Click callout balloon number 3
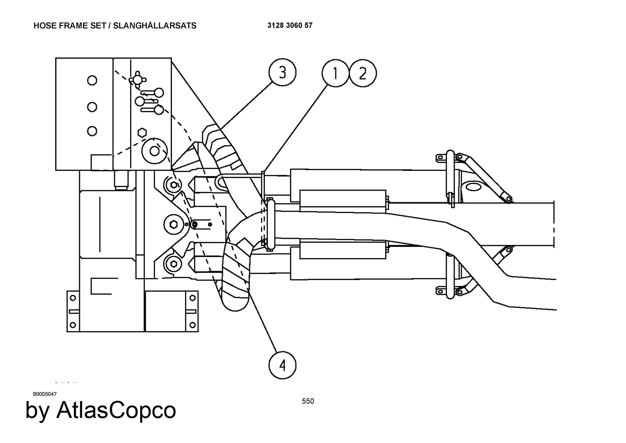pos(282,73)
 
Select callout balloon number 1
pos(335,73)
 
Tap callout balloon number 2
pos(363,73)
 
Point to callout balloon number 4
pos(282,365)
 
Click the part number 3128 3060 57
pos(290,26)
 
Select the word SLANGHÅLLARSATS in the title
pos(155,26)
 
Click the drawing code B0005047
pos(45,394)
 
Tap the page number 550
pos(308,401)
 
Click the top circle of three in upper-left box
pos(92,80)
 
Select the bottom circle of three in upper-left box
pos(92,131)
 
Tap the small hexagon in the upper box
pos(142,132)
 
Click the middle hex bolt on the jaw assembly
pos(174,224)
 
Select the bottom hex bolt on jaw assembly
pos(174,264)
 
